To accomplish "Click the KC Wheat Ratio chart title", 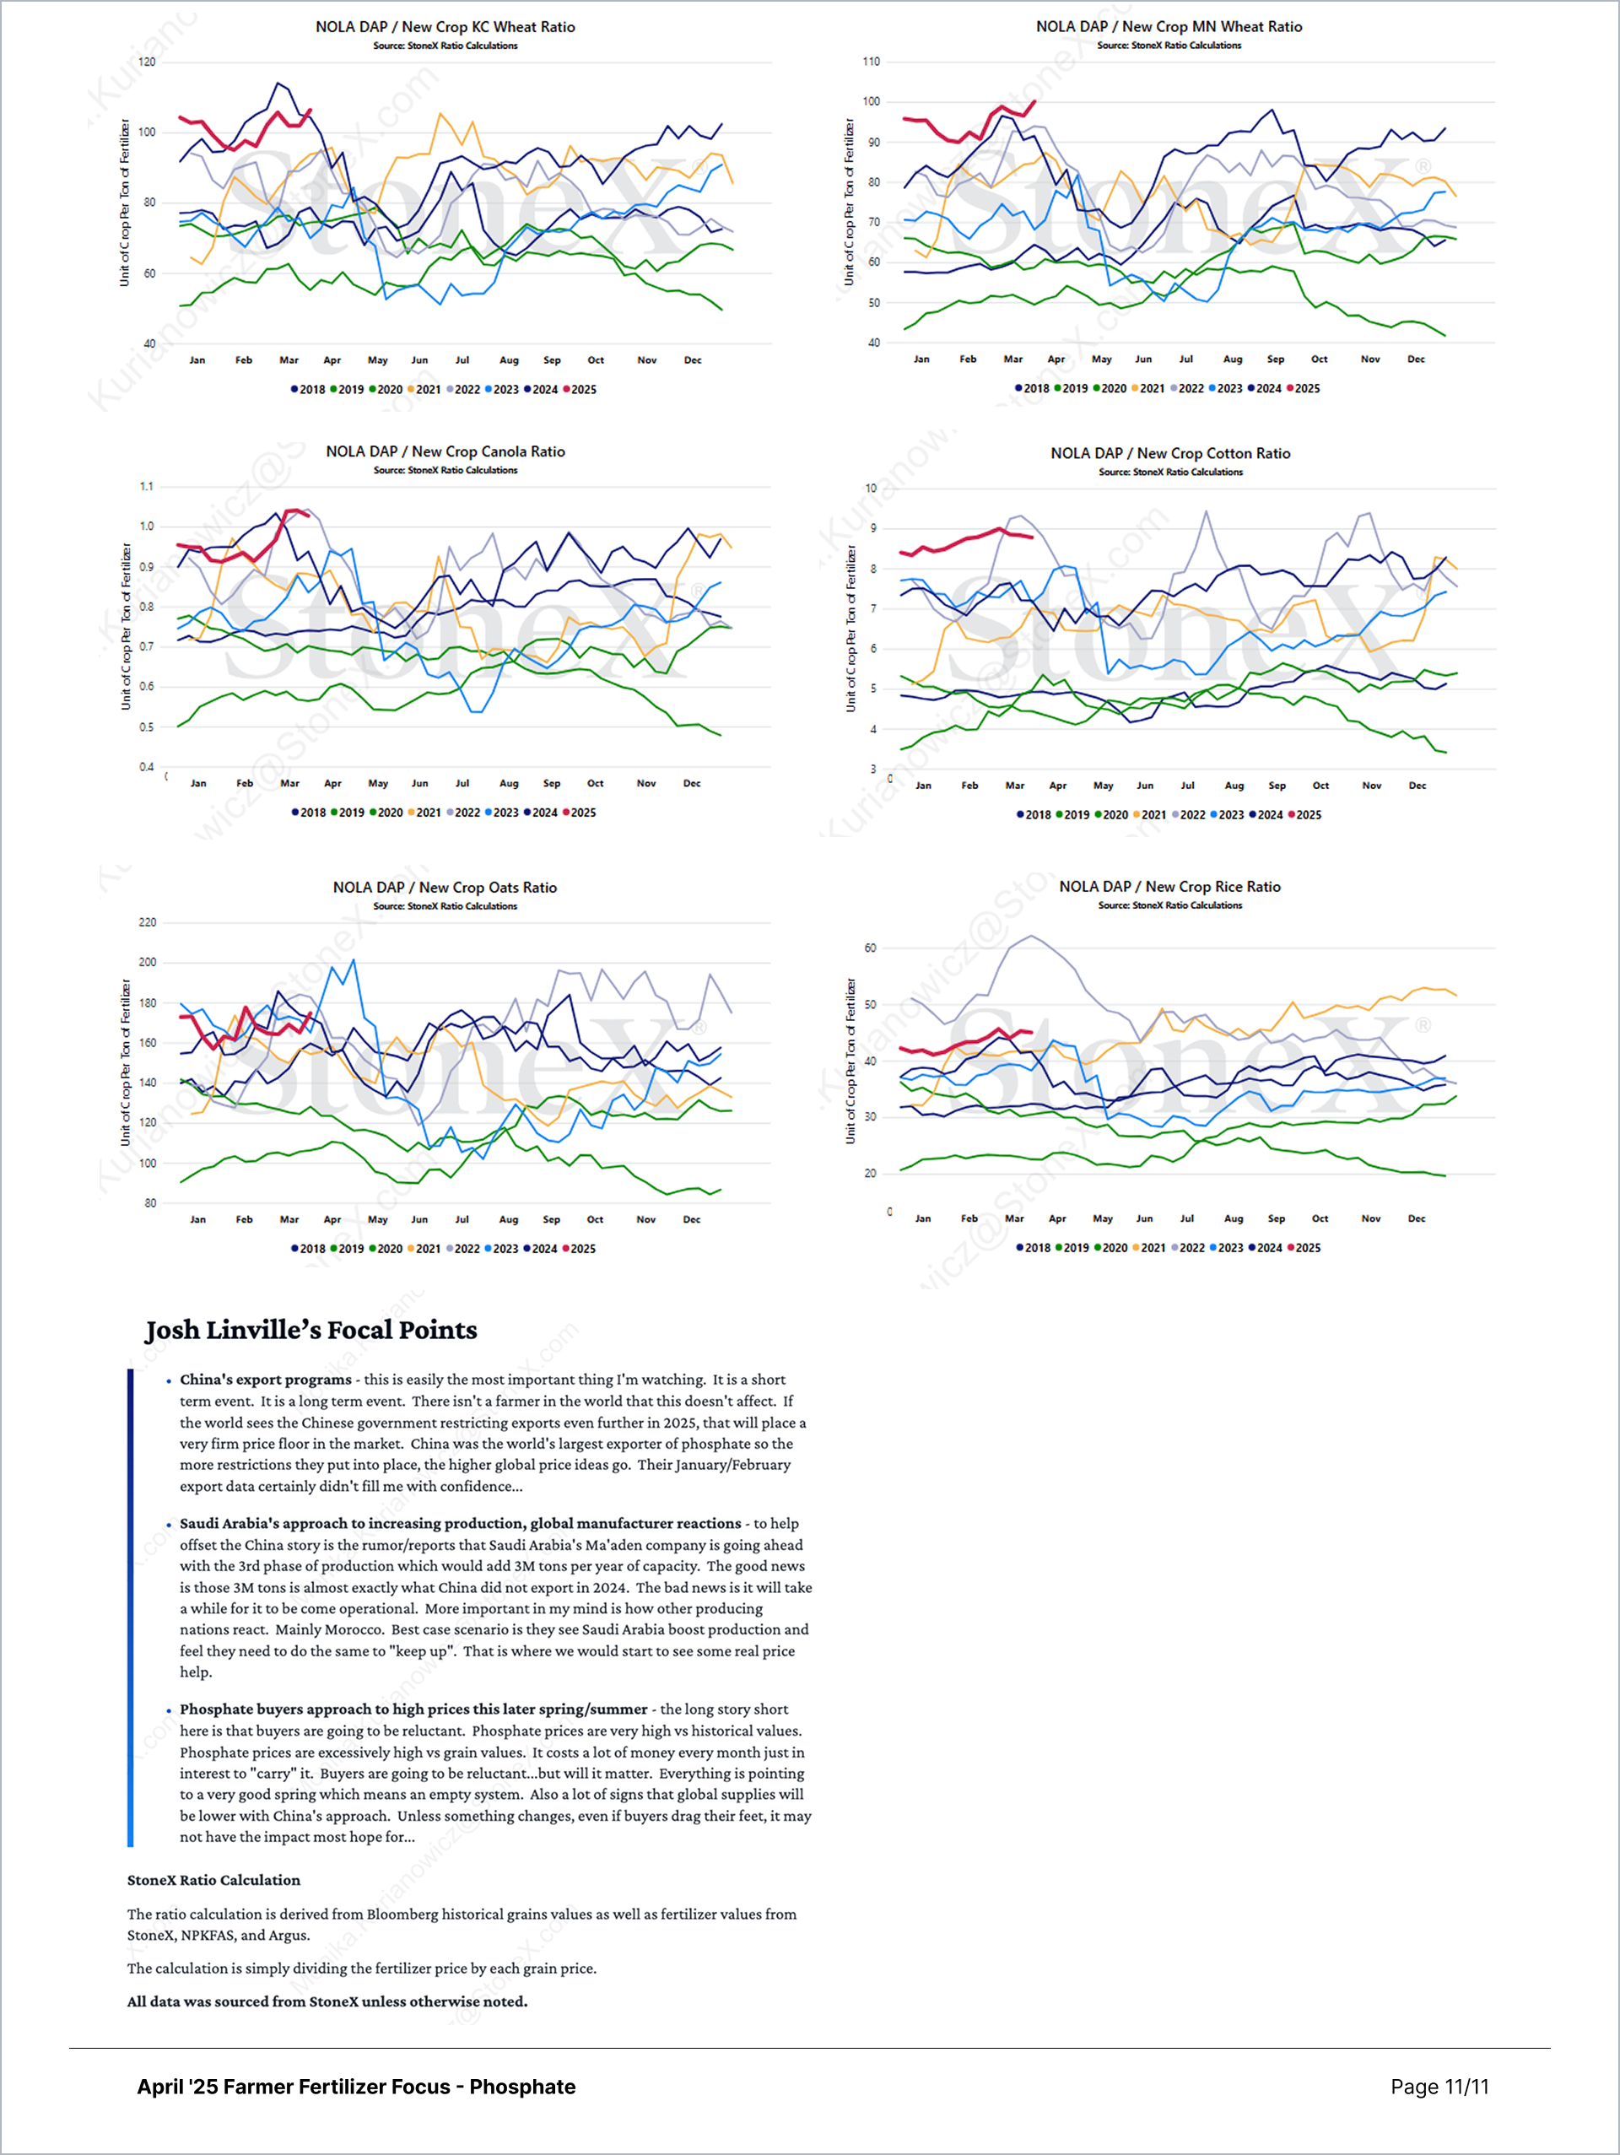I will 445,27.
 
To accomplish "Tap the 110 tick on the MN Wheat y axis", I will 871,62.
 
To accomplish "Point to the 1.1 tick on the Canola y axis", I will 146,486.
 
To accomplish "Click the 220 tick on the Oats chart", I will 147,921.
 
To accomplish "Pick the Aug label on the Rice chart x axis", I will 1234,1218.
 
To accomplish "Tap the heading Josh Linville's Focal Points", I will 310,1330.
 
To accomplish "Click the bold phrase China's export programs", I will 265,1380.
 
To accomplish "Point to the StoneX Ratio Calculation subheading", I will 213,1880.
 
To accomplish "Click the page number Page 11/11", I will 1439,2087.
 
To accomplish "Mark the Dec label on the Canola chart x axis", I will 692,783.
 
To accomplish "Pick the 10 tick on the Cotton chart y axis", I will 871,488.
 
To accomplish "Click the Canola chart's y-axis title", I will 126,626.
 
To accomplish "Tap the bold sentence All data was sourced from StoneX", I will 327,2001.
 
